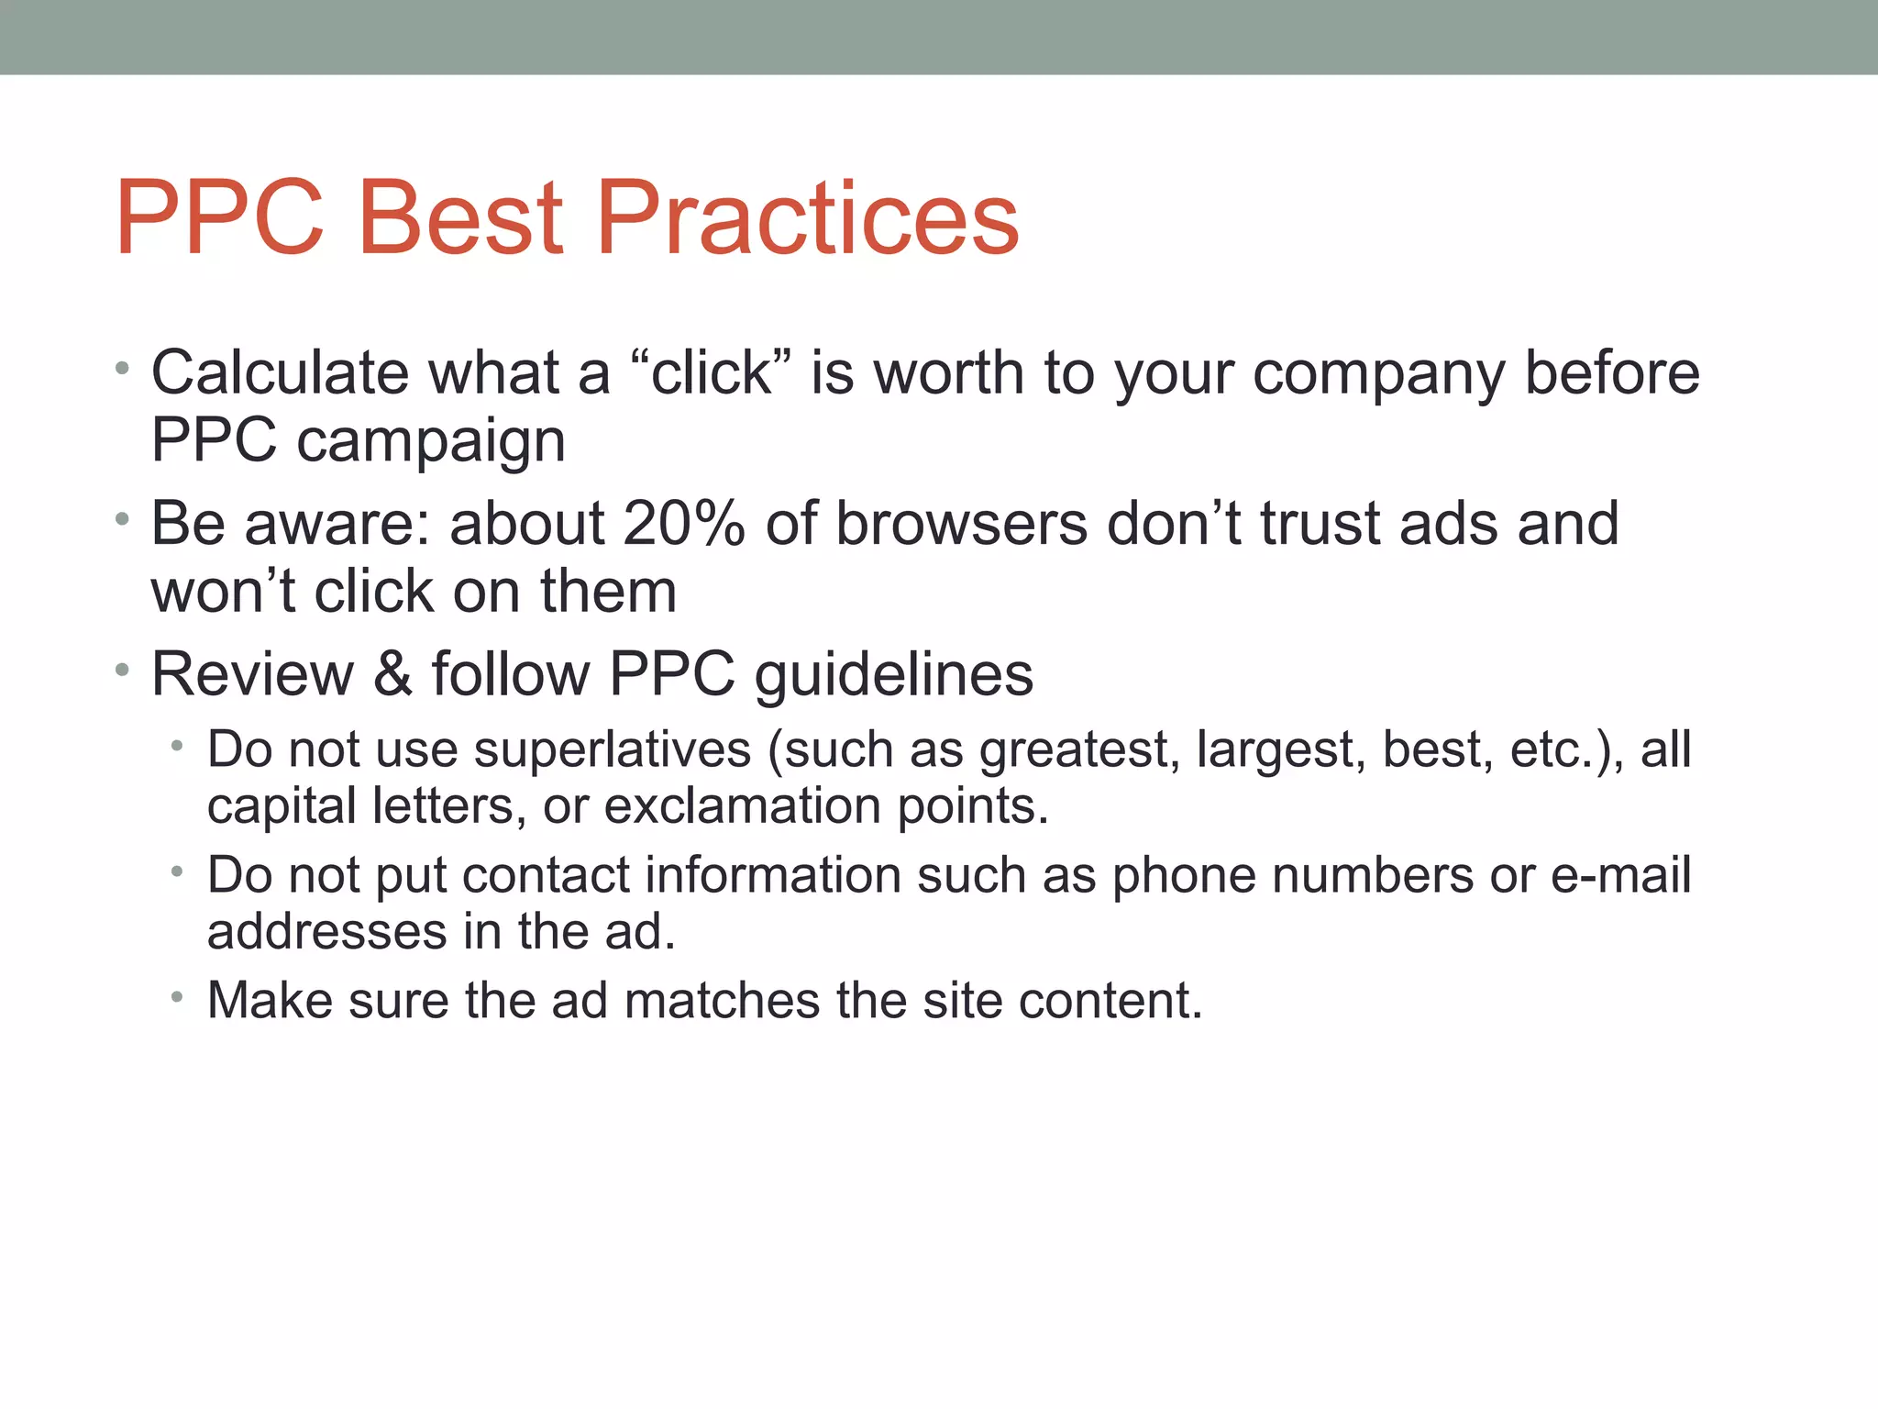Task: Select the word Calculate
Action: click(x=280, y=373)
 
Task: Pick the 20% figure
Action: click(x=683, y=524)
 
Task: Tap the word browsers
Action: click(x=962, y=524)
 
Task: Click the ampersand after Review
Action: click(x=392, y=674)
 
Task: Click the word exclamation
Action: click(x=742, y=806)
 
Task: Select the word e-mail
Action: click(x=1620, y=874)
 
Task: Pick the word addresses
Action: click(x=326, y=932)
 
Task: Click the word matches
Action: click(x=722, y=1000)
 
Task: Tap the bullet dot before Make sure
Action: click(x=176, y=996)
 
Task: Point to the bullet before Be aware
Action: click(x=122, y=521)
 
